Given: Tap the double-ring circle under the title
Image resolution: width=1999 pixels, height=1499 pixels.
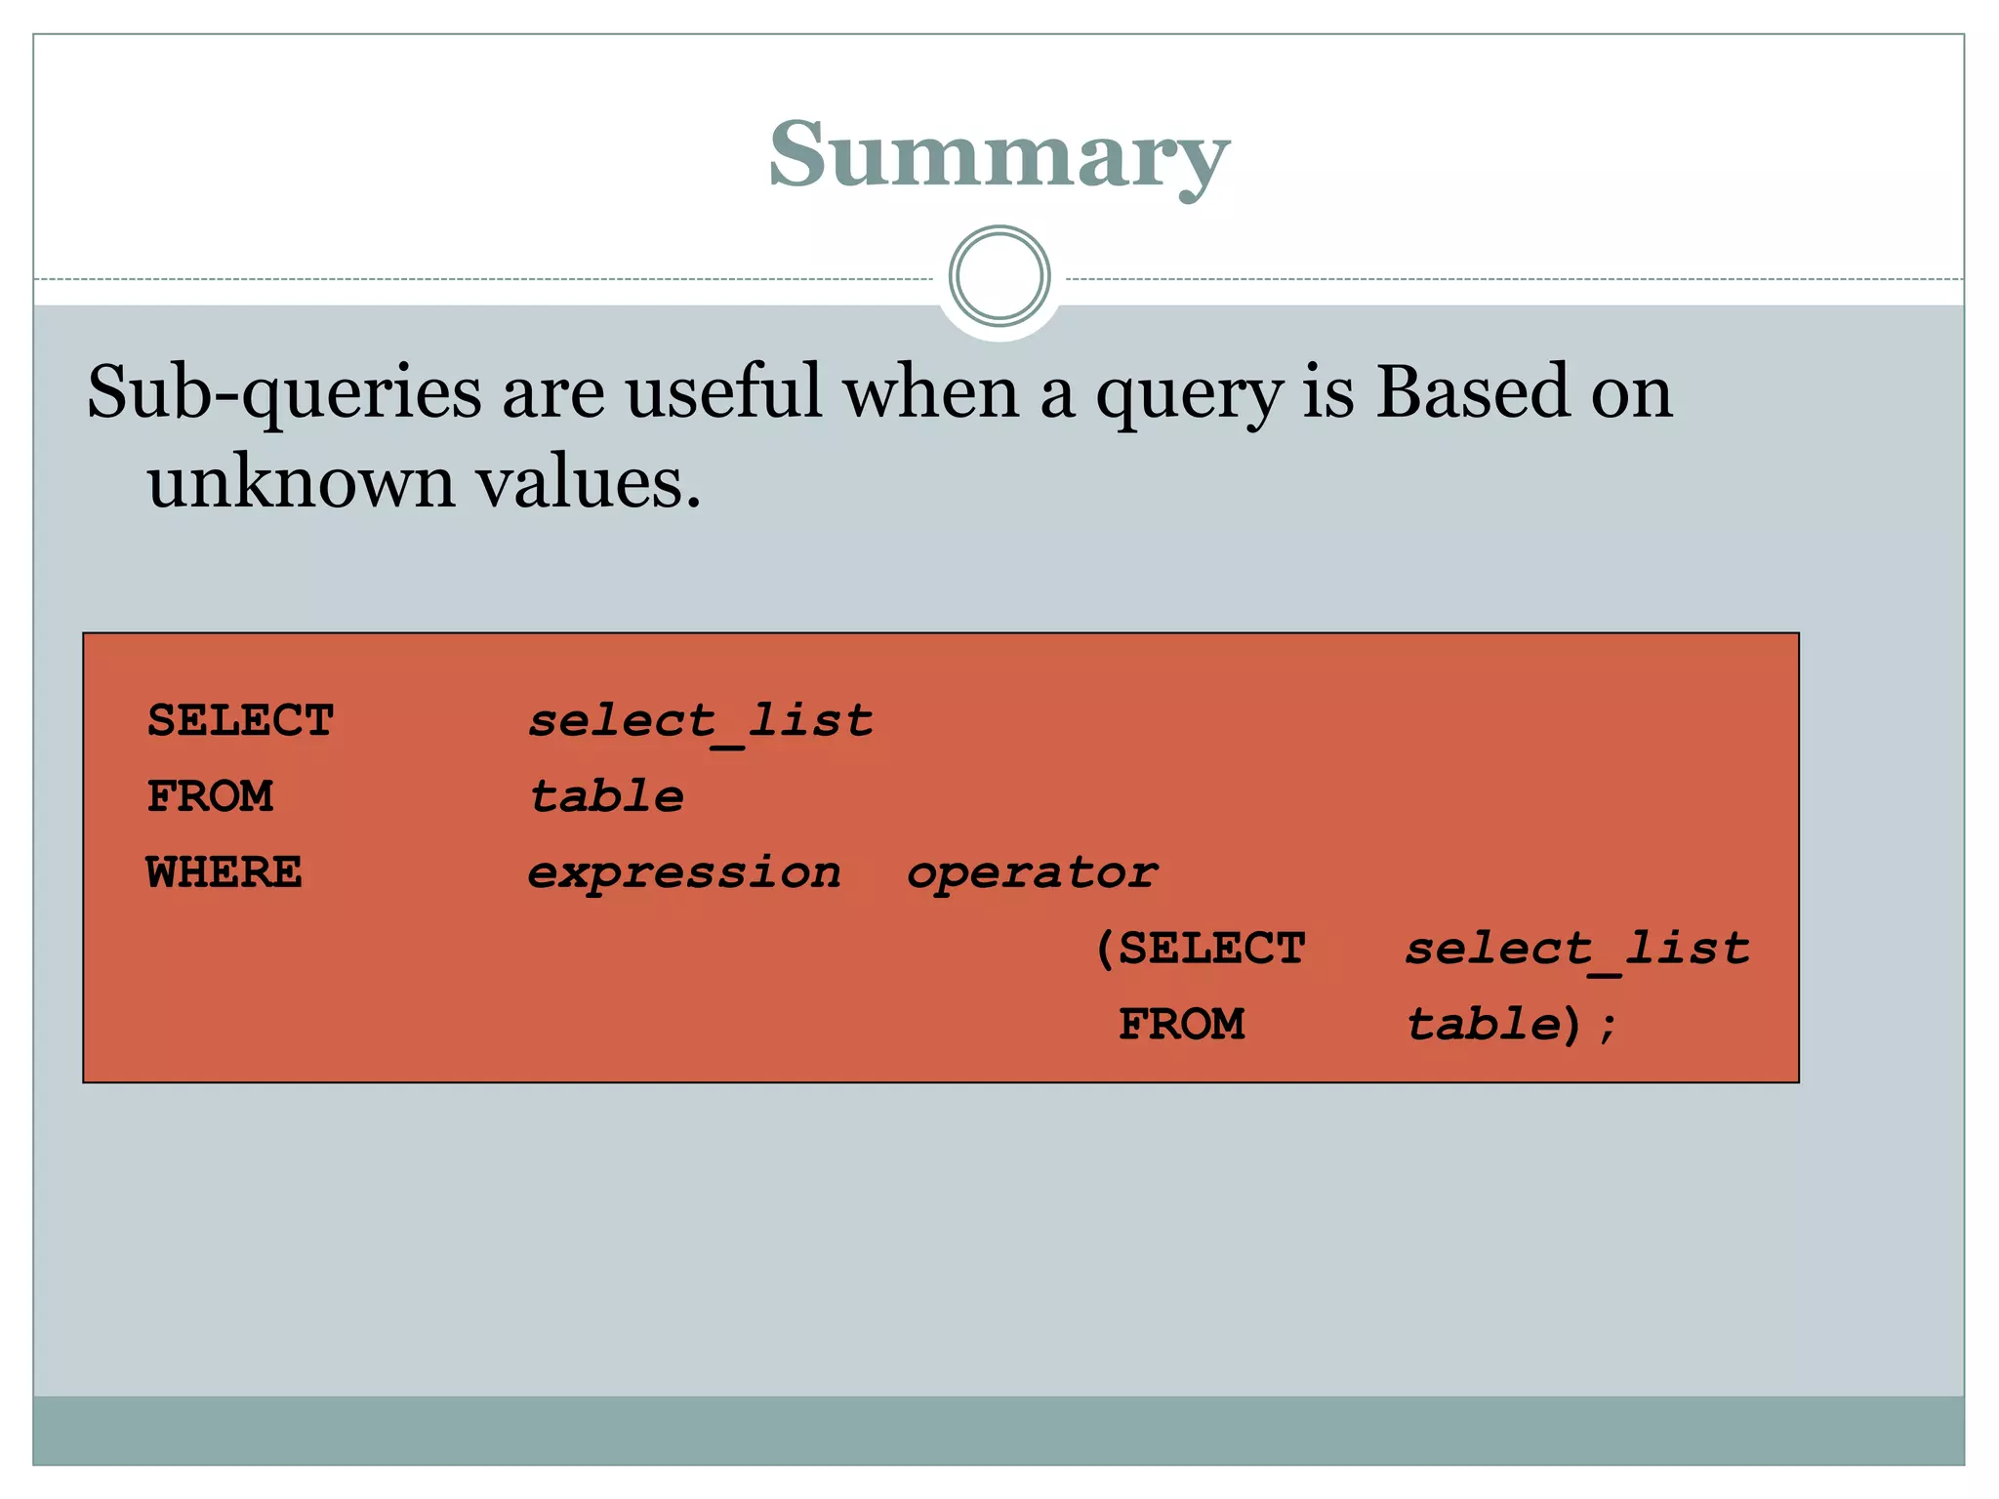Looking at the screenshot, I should [x=999, y=276].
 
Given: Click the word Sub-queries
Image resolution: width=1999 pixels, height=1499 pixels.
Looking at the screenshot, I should [x=284, y=393].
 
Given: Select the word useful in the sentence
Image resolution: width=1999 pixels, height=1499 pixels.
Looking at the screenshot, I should [x=723, y=391].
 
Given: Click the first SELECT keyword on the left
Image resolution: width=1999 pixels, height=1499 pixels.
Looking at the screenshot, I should [x=241, y=721].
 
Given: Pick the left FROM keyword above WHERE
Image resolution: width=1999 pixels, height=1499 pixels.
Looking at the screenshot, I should [x=210, y=796].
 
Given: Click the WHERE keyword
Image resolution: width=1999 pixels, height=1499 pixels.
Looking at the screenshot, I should [x=224, y=872].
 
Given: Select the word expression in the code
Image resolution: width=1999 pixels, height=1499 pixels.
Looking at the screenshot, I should [x=684, y=872].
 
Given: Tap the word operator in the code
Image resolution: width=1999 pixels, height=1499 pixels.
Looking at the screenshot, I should [x=1033, y=872].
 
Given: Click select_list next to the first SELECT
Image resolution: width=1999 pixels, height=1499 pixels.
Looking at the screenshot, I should [x=701, y=721].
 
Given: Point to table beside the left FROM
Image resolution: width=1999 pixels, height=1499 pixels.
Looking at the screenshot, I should [x=606, y=796].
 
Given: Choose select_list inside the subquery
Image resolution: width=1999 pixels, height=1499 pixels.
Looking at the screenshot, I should [x=1577, y=949].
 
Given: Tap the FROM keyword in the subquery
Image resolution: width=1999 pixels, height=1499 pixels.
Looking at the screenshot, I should [x=1181, y=1025].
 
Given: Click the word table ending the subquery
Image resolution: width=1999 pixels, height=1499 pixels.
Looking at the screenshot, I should [x=1484, y=1025].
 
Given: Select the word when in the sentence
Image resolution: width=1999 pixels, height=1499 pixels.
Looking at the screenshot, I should [x=930, y=391].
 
